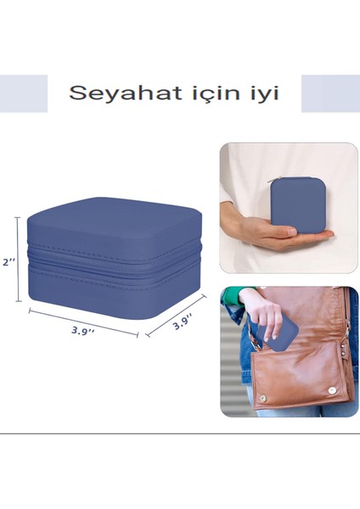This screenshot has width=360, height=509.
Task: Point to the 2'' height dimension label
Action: pyautogui.click(x=8, y=262)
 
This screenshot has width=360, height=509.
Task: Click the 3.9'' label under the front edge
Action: pyautogui.click(x=82, y=330)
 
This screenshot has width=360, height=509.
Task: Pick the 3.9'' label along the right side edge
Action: pyautogui.click(x=183, y=322)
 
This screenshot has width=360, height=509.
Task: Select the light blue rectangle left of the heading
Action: pyautogui.click(x=24, y=93)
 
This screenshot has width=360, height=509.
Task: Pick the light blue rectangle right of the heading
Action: pyautogui.click(x=330, y=93)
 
